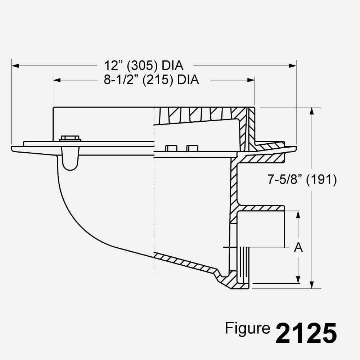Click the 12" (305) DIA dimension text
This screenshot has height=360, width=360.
pos(144,66)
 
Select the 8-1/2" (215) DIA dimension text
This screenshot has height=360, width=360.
pos(151,80)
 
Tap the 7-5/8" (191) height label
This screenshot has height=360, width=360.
pos(302,179)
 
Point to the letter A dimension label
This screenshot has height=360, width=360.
pos(298,247)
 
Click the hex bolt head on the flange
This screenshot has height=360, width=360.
pos(70,138)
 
